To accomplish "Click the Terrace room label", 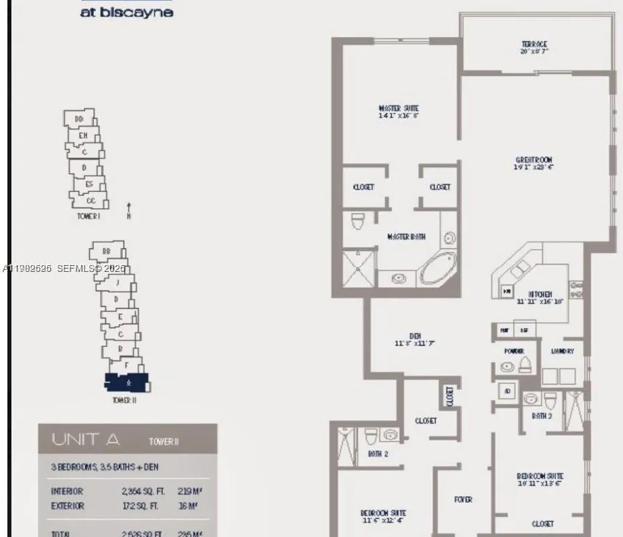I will (x=534, y=44).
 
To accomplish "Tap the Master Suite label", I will (x=399, y=108).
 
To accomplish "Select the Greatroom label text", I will (x=534, y=160).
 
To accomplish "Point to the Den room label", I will (x=415, y=338).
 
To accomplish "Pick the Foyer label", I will (x=463, y=499).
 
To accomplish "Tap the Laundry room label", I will (x=562, y=351).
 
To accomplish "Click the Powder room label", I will (x=513, y=351).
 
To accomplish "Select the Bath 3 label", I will (x=542, y=416).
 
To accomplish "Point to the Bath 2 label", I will (x=378, y=454).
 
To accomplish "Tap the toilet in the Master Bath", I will (x=358, y=221).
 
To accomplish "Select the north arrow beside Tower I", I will (x=128, y=211).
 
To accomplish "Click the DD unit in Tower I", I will (x=79, y=119).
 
